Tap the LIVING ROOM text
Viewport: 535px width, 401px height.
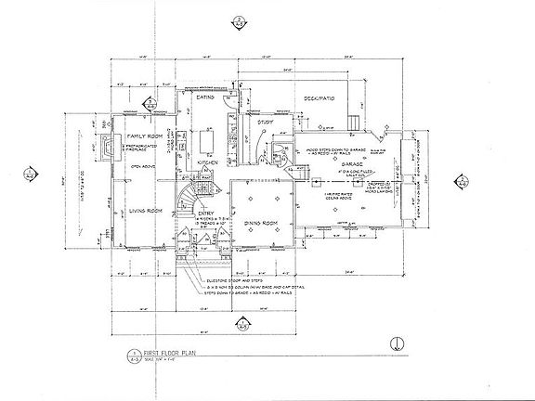pyautogui.click(x=136, y=211)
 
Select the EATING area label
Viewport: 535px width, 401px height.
pyautogui.click(x=206, y=97)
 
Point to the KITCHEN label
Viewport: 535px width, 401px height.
pyautogui.click(x=208, y=162)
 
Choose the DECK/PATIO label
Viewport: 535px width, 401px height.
pyautogui.click(x=308, y=96)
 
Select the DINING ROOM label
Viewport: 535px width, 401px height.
pyautogui.click(x=258, y=226)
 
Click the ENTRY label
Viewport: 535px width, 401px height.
pyautogui.click(x=206, y=213)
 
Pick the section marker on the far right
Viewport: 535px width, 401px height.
pyautogui.click(x=460, y=180)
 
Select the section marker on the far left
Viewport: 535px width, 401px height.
pyautogui.click(x=31, y=172)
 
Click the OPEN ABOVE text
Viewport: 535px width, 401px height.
pyautogui.click(x=142, y=167)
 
